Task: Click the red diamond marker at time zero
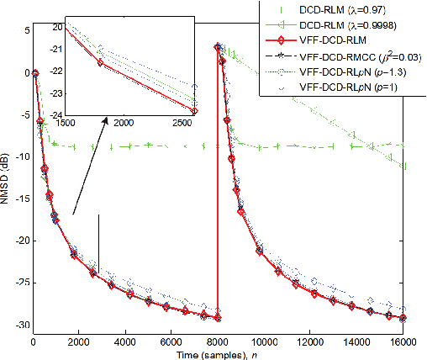pos(34,73)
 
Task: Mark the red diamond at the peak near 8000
pos(219,47)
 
